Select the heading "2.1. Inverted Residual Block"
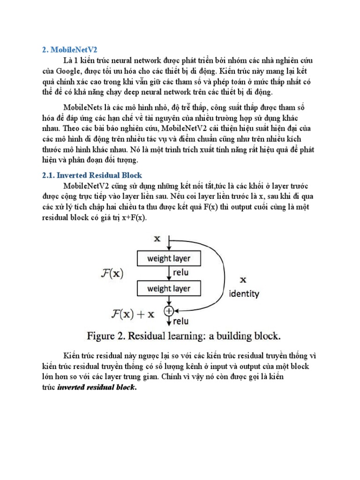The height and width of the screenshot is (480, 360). click(89, 175)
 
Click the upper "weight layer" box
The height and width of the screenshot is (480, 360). click(169, 258)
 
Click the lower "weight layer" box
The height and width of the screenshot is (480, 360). click(169, 288)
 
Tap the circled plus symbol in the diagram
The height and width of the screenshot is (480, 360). click(168, 310)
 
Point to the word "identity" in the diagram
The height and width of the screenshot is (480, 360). click(243, 294)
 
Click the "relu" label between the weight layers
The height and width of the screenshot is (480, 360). click(181, 273)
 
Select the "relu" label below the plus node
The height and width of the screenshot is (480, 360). click(181, 322)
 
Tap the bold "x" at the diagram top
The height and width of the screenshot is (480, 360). click(157, 239)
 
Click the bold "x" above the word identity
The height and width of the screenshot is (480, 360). click(243, 280)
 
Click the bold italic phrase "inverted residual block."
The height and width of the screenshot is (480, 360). click(97, 388)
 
